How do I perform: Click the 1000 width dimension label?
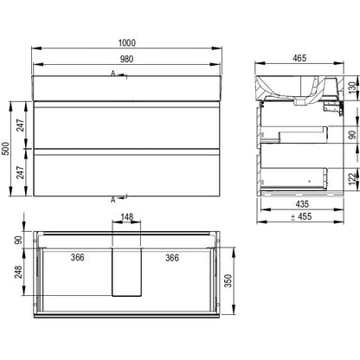pos(127,42)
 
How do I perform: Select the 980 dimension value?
pos(126,59)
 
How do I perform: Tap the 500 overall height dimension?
pos(6,149)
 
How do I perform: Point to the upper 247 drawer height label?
pos(20,125)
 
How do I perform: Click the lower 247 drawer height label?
pos(20,172)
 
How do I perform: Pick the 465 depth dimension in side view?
pos(299,58)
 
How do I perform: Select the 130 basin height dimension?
pos(352,87)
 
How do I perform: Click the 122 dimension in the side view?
pos(352,179)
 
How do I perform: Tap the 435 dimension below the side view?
pos(302,204)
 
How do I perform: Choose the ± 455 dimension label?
pos(301,216)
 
